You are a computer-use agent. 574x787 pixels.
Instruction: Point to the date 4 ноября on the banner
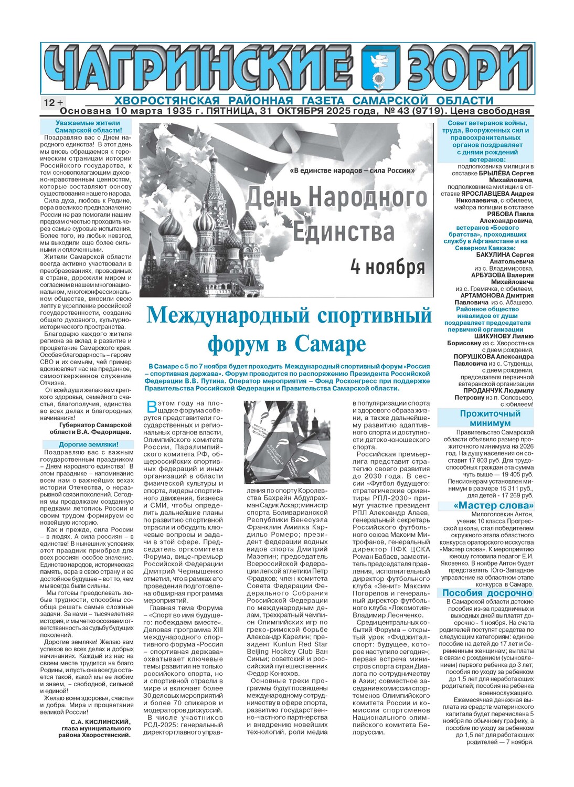click(x=387, y=267)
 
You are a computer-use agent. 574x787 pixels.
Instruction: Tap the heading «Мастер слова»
click(x=486, y=506)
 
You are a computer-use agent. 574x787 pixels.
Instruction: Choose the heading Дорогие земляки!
click(x=88, y=444)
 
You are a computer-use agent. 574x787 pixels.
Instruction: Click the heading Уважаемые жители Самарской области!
click(x=88, y=126)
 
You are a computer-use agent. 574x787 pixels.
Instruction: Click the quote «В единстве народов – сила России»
click(x=352, y=171)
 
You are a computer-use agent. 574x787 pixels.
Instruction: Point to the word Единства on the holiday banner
click(x=343, y=232)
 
